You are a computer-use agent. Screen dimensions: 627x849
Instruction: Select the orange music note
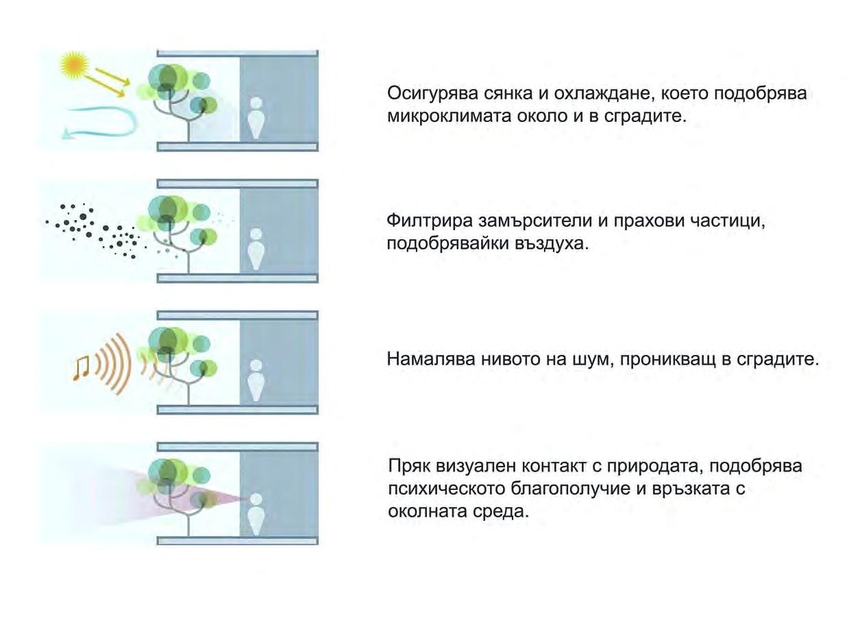click(81, 367)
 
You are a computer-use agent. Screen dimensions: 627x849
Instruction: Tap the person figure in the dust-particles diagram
click(256, 250)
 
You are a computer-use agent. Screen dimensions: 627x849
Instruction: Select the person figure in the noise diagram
click(256, 380)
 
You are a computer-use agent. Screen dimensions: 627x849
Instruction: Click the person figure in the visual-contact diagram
click(256, 512)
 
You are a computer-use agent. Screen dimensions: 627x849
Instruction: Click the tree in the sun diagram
click(180, 96)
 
